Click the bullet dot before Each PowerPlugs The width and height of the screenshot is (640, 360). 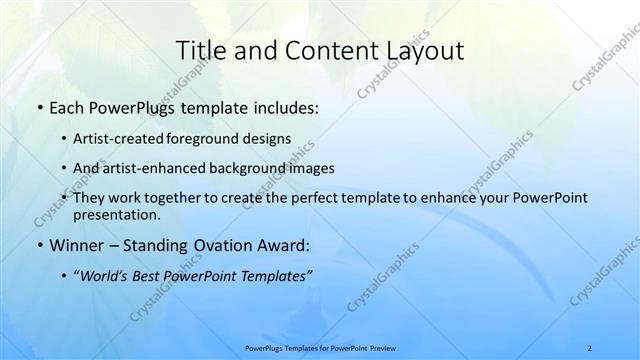38,105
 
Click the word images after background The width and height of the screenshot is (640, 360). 311,169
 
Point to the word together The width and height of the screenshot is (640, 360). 183,198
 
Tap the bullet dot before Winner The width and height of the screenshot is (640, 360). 38,243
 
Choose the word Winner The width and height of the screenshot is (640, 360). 74,243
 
